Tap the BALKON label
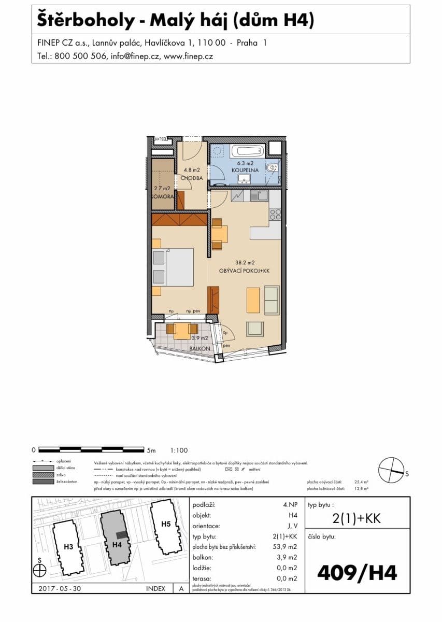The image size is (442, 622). click(199, 349)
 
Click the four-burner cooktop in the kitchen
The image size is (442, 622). click(275, 214)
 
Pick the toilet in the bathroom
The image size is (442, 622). click(272, 167)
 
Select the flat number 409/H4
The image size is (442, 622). click(357, 573)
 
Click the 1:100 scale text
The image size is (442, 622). click(179, 450)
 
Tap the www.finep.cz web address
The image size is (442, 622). click(188, 56)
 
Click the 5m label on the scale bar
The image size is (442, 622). click(151, 450)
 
